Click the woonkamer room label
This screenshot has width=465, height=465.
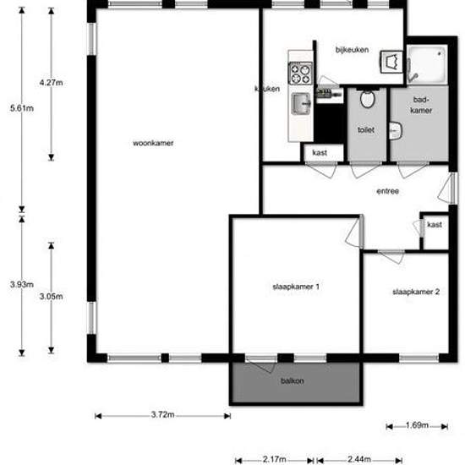point(153,143)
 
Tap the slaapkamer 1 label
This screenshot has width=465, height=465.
point(296,287)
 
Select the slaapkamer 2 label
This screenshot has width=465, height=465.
point(416,292)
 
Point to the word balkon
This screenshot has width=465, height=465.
point(293,380)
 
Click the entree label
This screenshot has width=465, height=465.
point(387,191)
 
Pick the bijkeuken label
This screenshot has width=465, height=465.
point(352,50)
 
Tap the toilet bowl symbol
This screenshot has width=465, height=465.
point(368,98)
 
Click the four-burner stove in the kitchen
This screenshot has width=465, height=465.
point(301,74)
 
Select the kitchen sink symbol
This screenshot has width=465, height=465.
point(301,103)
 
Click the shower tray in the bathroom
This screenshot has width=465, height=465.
point(427,64)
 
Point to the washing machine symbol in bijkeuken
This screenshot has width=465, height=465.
point(391,62)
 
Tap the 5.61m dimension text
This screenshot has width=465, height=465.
point(22,108)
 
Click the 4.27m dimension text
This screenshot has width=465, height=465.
point(51,83)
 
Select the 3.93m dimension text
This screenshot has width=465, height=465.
point(22,284)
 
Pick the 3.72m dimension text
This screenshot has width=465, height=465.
point(163,414)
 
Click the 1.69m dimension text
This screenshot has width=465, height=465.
point(417,425)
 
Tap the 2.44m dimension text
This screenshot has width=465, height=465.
point(359,459)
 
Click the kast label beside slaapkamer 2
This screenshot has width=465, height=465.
point(435,225)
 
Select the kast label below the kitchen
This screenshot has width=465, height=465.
point(320,153)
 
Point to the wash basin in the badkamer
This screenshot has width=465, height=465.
point(396,131)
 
